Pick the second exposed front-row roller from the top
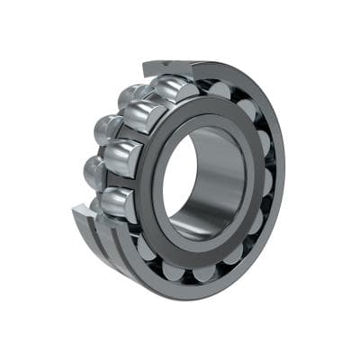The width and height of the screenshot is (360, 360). (x=144, y=116)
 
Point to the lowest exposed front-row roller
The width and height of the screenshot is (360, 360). (x=118, y=202)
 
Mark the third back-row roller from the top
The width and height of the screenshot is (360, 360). (x=94, y=170)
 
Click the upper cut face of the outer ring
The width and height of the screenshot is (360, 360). (x=167, y=68)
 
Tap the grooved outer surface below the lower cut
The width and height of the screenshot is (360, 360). (x=117, y=256)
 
